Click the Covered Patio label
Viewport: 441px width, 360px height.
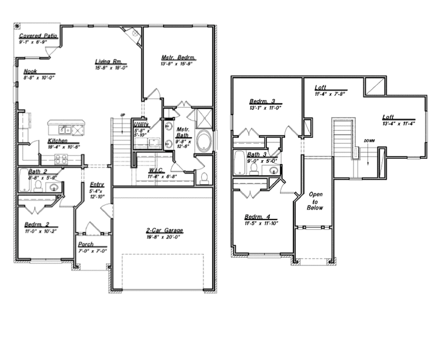click(38, 36)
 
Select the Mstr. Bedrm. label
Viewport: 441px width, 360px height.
click(178, 58)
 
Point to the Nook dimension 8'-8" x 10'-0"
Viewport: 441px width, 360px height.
click(39, 78)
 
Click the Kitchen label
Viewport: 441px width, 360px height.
click(60, 141)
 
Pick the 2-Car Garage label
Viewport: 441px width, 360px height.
click(164, 230)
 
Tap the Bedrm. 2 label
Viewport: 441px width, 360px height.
click(41, 225)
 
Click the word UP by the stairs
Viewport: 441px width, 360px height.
click(123, 115)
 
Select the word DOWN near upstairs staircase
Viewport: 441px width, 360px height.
click(369, 141)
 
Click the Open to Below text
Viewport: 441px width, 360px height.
click(316, 201)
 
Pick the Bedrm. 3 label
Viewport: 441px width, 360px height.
click(263, 101)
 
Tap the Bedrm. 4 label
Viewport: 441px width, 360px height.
click(258, 216)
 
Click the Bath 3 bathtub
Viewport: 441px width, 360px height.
click(240, 163)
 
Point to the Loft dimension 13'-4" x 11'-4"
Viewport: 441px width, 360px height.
click(399, 124)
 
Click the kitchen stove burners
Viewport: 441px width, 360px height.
click(62, 158)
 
